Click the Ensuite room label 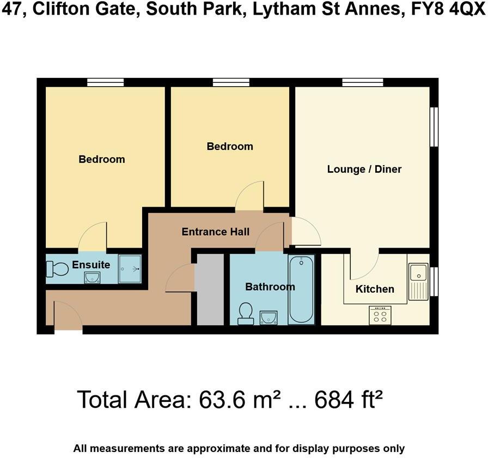click(91, 265)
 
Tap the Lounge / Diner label click(364, 169)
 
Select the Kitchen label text click(375, 289)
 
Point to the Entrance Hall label click(215, 232)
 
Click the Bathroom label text click(270, 287)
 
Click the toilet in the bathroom click(246, 314)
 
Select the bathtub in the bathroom click(301, 290)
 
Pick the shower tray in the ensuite click(130, 268)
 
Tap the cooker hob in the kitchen click(380, 315)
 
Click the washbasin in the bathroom click(269, 316)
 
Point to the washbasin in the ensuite click(91, 278)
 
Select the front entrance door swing click(66, 317)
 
